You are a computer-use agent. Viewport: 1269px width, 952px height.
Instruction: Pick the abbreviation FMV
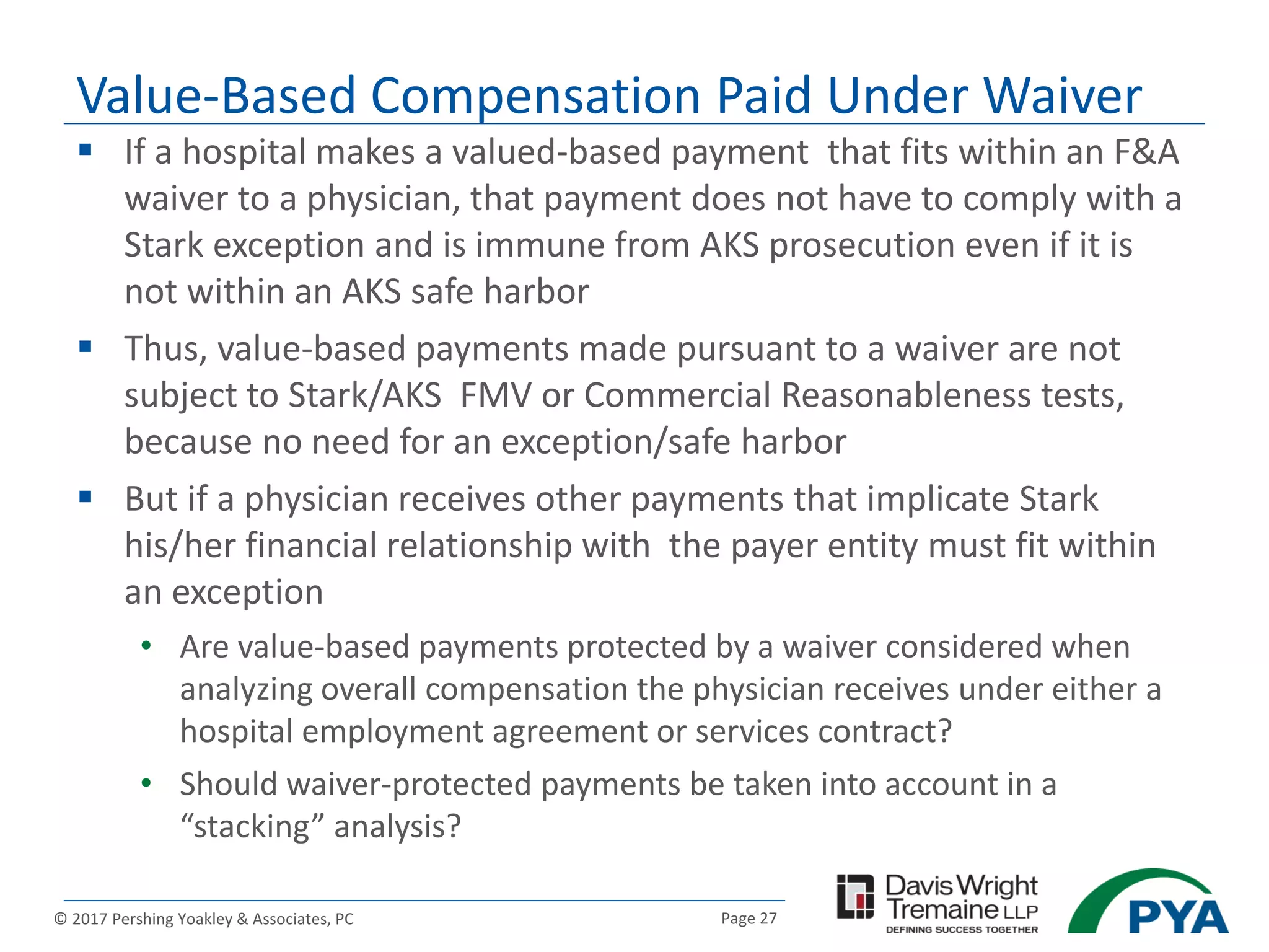pyautogui.click(x=496, y=395)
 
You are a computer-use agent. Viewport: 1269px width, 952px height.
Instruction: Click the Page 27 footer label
pyautogui.click(x=749, y=919)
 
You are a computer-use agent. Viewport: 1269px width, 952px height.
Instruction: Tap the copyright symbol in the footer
pyautogui.click(x=61, y=919)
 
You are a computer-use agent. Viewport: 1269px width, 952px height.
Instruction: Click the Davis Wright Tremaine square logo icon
pyautogui.click(x=855, y=896)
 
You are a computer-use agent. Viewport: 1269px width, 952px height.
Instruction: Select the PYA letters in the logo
pyautogui.click(x=1177, y=917)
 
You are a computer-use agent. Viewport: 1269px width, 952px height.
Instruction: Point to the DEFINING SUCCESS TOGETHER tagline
pyautogui.click(x=962, y=930)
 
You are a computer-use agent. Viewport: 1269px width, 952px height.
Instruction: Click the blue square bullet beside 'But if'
pyautogui.click(x=86, y=496)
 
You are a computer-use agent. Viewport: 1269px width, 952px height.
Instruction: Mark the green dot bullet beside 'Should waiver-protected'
pyautogui.click(x=146, y=783)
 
